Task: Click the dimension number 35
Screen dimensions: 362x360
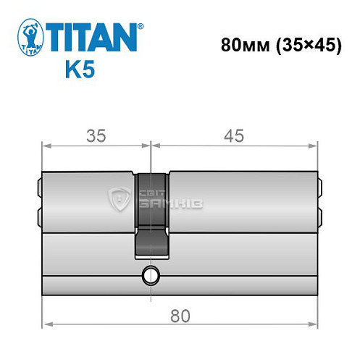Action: click(93, 135)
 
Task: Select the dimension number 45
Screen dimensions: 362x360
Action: click(233, 135)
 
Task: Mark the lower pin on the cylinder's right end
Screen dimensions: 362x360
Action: click(319, 216)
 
